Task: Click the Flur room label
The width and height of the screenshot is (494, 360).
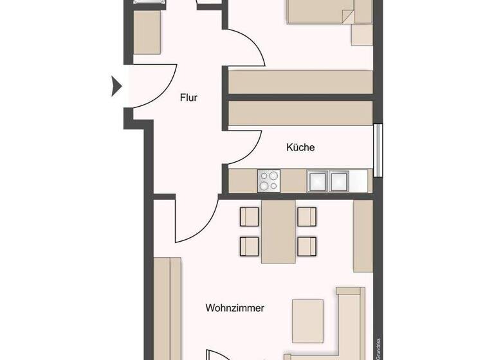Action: tap(188, 98)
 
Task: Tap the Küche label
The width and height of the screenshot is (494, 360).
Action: tap(300, 147)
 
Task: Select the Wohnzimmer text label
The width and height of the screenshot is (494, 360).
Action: tap(235, 308)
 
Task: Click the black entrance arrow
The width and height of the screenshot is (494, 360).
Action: tap(116, 86)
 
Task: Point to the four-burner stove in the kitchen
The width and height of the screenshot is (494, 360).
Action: tap(270, 180)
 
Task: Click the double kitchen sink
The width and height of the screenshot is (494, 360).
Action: tap(328, 181)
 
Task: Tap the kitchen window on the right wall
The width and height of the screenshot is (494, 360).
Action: tap(378, 149)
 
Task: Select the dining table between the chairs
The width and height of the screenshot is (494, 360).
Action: tap(278, 231)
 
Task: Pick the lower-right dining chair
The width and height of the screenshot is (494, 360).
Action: tap(307, 245)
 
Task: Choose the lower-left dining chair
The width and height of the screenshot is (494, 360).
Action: tap(249, 245)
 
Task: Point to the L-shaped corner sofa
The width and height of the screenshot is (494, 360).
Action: tap(351, 321)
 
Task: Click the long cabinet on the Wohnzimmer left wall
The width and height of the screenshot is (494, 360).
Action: tap(167, 309)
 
